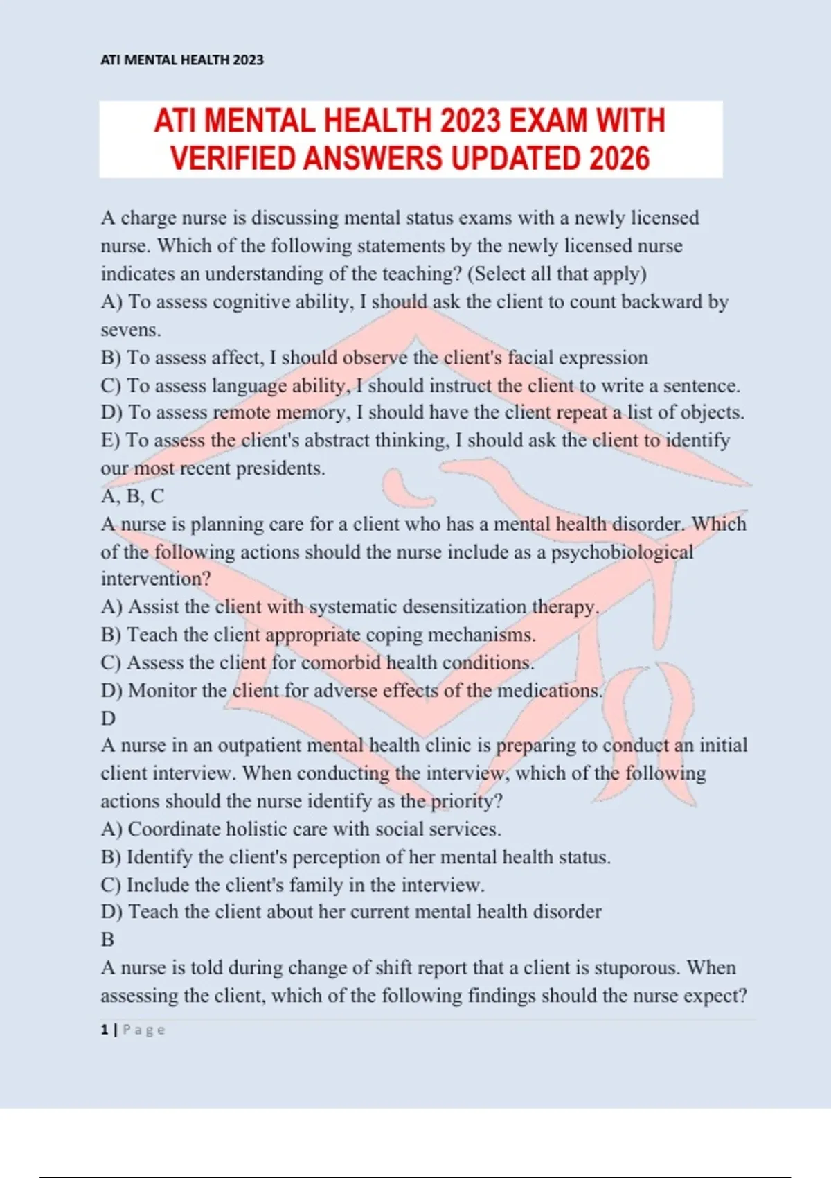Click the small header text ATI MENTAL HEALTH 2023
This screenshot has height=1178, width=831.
coord(182,60)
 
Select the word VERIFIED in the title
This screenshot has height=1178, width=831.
coord(234,159)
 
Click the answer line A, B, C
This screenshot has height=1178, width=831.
coord(132,496)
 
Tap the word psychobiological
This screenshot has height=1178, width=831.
coord(622,552)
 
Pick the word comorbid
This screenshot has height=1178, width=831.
coord(340,662)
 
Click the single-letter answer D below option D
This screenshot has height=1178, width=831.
coord(108,719)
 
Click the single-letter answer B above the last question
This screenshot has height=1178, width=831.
coord(107,940)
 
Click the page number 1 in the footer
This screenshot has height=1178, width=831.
coord(104,1030)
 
